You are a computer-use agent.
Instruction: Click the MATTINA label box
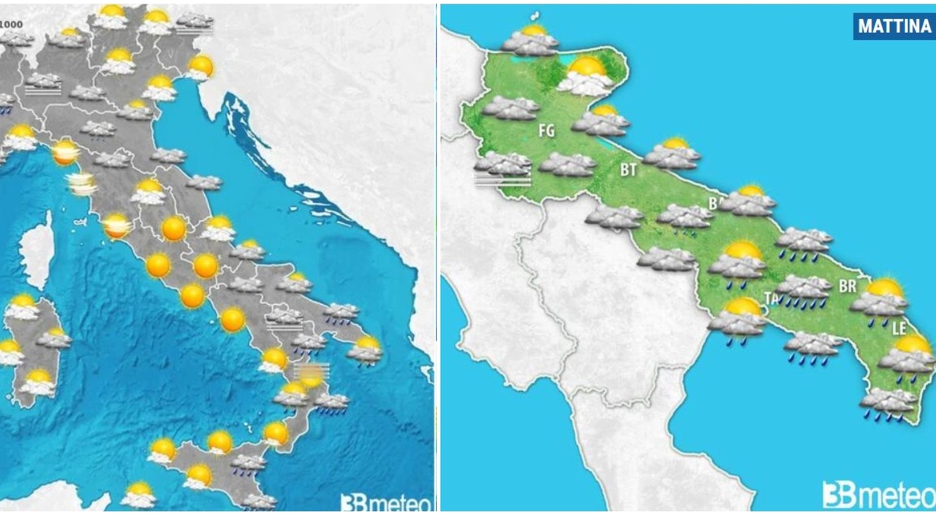click(894, 26)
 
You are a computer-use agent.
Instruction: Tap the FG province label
click(546, 132)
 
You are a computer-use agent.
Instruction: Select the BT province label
click(628, 170)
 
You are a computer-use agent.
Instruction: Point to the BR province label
click(847, 286)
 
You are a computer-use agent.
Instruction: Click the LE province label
click(899, 330)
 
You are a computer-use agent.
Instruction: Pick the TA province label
click(770, 297)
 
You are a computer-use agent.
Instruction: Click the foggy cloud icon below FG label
click(502, 169)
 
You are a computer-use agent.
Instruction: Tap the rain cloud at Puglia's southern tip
click(888, 403)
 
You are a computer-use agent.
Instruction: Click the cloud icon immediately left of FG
click(510, 108)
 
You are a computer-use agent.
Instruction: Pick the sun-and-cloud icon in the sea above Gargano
click(531, 41)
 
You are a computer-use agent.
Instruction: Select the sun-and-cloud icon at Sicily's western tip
click(162, 450)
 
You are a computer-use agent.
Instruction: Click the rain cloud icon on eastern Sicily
click(249, 465)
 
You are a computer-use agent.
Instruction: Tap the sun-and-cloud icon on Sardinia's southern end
click(38, 382)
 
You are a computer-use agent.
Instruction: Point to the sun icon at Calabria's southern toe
click(276, 433)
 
